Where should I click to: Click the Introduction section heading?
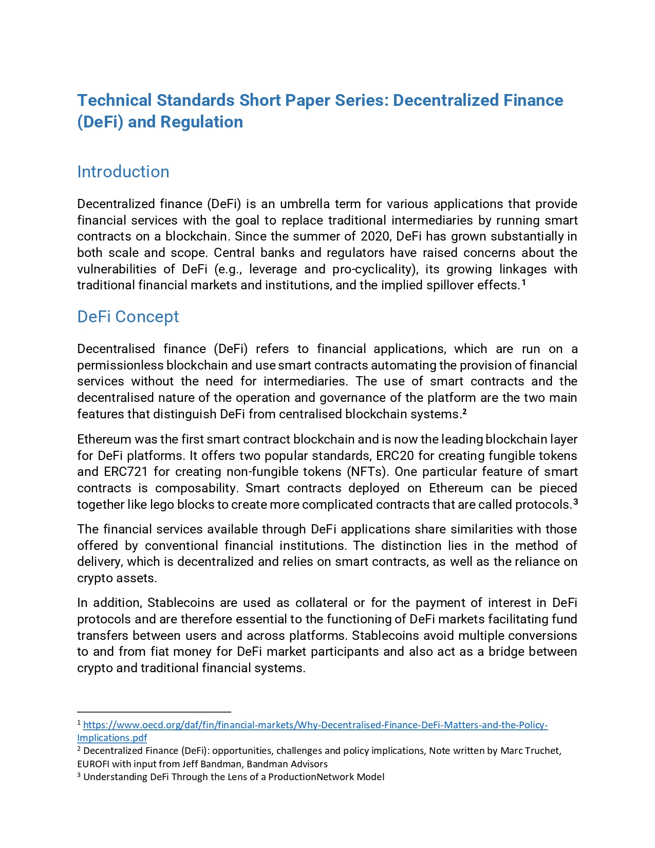coord(123,172)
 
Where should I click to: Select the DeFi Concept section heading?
coord(128,317)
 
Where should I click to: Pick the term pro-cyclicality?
coord(372,269)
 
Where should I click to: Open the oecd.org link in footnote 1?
coord(315,725)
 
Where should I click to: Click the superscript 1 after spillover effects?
coord(523,282)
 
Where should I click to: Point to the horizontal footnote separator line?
coord(154,712)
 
